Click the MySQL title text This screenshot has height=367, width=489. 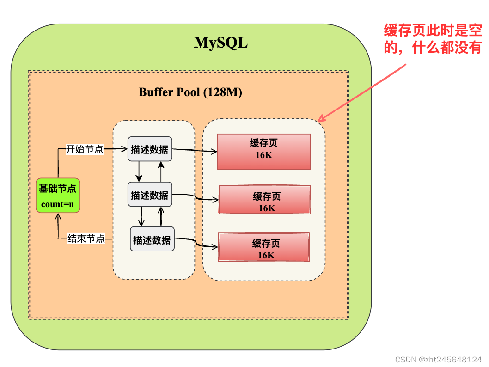[221, 43]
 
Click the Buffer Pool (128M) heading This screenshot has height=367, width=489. [190, 92]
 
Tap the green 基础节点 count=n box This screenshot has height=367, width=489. [58, 195]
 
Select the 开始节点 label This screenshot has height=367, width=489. [85, 149]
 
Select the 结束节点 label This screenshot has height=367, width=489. [86, 239]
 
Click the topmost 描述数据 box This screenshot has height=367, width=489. [150, 149]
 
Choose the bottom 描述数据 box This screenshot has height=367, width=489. [152, 239]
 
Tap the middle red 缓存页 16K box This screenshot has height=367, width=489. [264, 200]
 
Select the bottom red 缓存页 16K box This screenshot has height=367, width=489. [263, 247]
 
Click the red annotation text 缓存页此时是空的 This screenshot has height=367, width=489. [433, 39]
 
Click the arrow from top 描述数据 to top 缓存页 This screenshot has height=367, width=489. [194, 150]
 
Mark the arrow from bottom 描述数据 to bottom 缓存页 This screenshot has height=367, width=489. [196, 244]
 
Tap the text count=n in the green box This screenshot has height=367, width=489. [58, 204]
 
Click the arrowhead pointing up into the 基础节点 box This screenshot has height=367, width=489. [58, 217]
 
